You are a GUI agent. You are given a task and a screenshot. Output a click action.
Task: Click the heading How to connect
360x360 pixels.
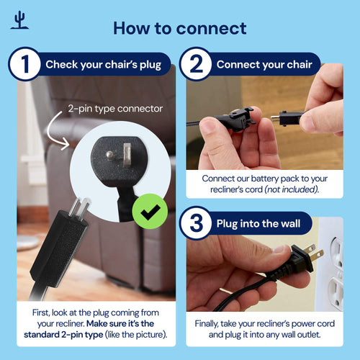click(179, 28)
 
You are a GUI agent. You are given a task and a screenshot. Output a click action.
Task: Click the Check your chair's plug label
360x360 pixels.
click(103, 65)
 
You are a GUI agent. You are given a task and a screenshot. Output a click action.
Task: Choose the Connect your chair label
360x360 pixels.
click(264, 65)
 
